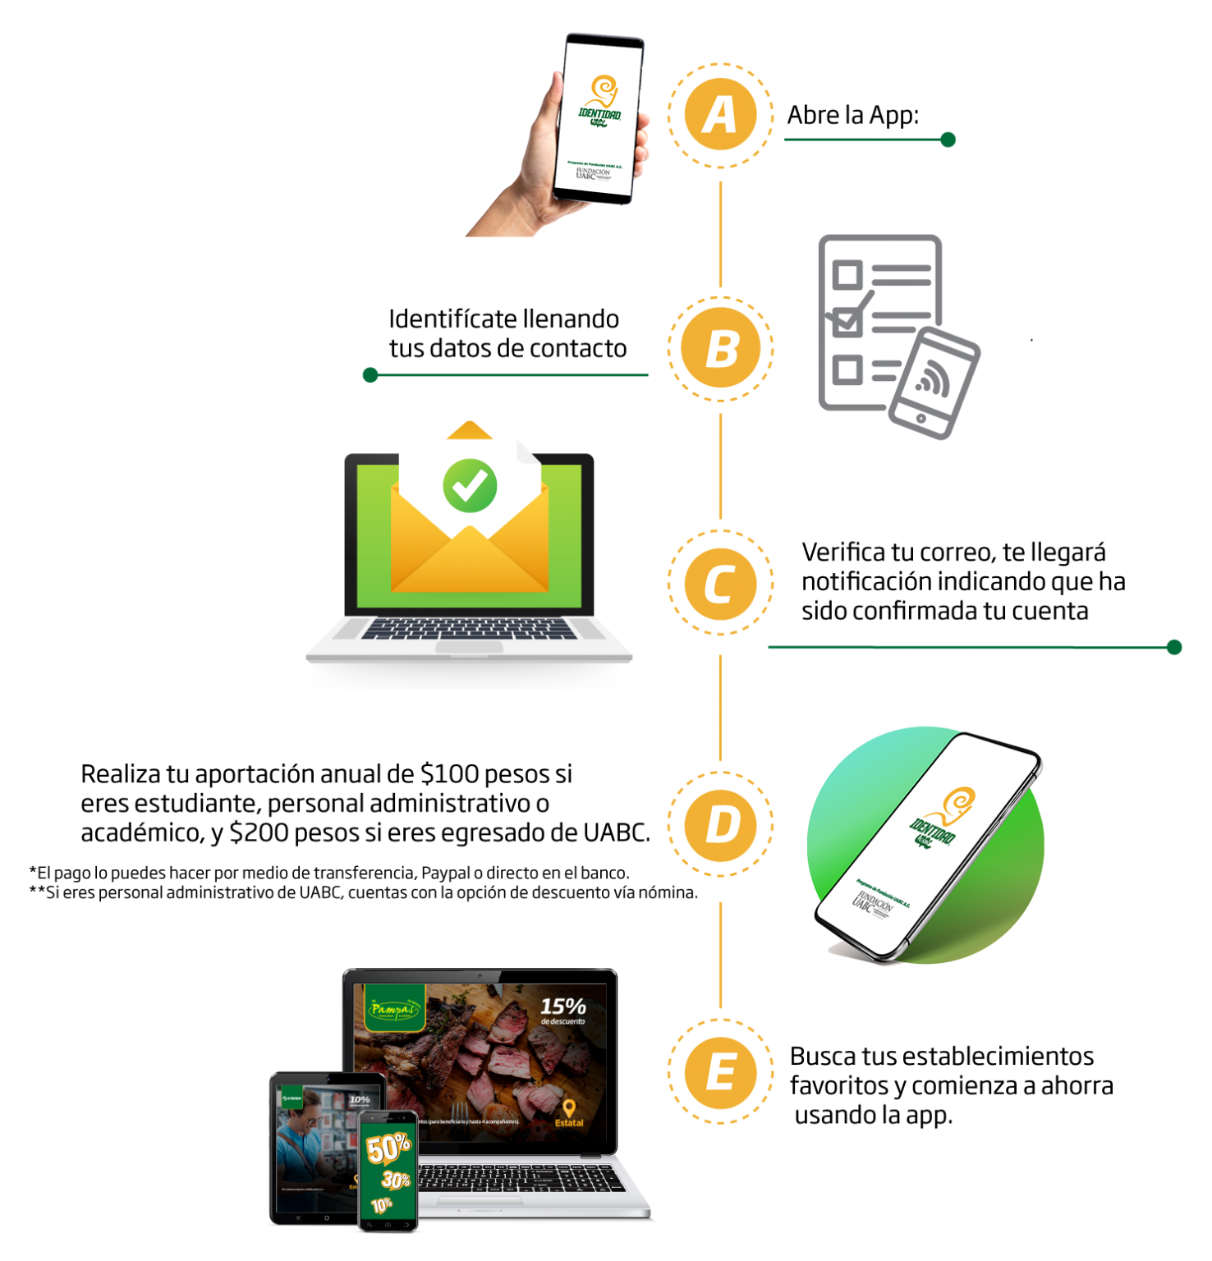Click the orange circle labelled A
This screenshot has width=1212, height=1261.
pos(720,115)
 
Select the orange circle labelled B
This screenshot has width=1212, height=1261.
pos(720,348)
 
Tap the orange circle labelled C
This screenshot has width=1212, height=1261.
pos(720,584)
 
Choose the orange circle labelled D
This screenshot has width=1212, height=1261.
pos(720,823)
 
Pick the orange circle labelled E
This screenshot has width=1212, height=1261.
pos(720,1071)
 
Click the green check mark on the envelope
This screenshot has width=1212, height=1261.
pos(470,485)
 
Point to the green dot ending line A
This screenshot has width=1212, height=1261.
pos(948,140)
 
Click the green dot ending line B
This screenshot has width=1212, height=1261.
pos(370,375)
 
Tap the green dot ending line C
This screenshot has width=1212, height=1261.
pos(1174,647)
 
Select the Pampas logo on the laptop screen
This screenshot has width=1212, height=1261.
pos(394,1008)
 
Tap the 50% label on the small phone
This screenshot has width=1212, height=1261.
pos(388,1148)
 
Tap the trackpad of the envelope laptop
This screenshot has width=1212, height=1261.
pos(469,648)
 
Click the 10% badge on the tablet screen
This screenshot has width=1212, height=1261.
pos(360,1100)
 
